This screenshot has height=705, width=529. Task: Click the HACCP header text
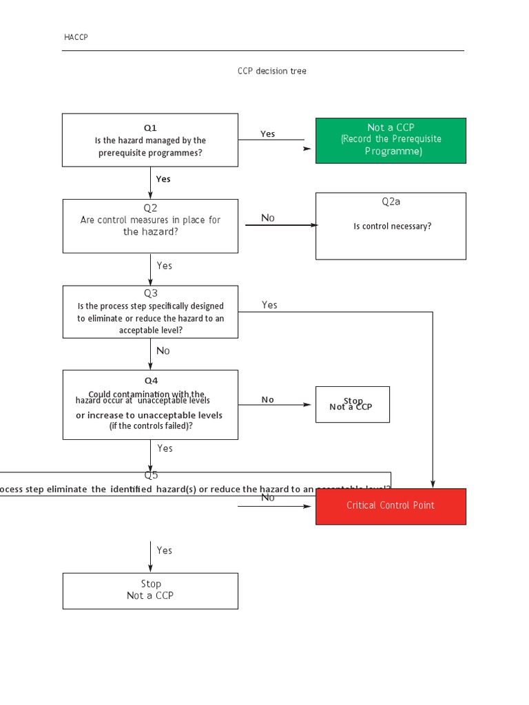76,37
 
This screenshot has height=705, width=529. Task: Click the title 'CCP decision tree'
272,72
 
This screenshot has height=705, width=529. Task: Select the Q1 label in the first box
150,127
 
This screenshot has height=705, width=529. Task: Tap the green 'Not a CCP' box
391,140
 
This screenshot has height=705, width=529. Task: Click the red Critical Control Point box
391,506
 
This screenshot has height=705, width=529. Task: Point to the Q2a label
391,202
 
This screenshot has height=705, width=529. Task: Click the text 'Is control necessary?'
392,226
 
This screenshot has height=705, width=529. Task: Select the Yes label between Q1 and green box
268,134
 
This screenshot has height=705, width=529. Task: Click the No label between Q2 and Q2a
268,218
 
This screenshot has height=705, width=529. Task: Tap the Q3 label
150,293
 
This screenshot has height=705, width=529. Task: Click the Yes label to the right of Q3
269,305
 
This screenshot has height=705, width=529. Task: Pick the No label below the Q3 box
163,351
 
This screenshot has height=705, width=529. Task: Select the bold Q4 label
150,380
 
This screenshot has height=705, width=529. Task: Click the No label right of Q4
268,399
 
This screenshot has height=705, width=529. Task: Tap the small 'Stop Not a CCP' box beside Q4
352,404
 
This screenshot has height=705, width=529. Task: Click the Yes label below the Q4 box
165,448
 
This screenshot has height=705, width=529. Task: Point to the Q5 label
151,475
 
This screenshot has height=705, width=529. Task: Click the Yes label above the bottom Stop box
165,550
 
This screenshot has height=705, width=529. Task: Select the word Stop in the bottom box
151,584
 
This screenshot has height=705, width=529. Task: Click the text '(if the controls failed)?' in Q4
151,425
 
